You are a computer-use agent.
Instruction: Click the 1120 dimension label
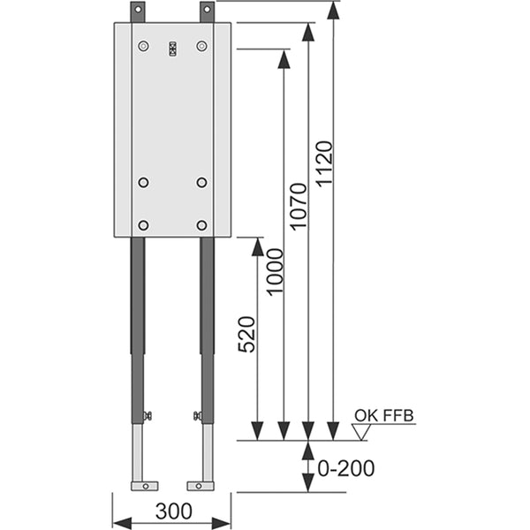pos(324,163)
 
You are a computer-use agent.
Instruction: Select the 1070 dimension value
pos(299,207)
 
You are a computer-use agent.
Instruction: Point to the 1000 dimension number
pos(274,272)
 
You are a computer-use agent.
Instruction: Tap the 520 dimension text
pos(246,334)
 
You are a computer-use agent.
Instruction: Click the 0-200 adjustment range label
pos(346,468)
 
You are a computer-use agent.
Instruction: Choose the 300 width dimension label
pos(174,511)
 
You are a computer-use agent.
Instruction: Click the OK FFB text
pos(384,416)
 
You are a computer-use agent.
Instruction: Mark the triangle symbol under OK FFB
pos(361,432)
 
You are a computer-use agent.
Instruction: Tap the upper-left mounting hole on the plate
pos(144,46)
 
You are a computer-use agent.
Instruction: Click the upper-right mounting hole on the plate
pos(201,46)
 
